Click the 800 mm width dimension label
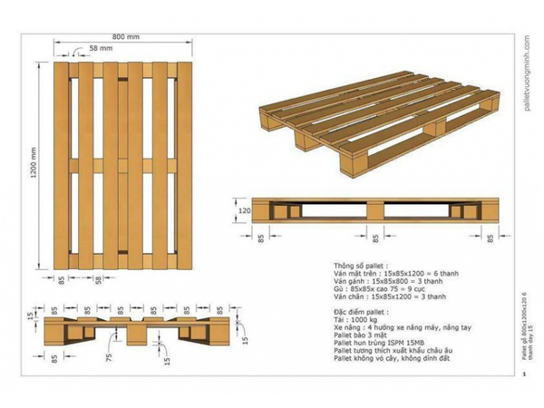click(x=125, y=37)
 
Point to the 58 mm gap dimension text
click(x=101, y=47)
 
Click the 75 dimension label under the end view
click(x=107, y=356)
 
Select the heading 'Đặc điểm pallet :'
click(x=364, y=310)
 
